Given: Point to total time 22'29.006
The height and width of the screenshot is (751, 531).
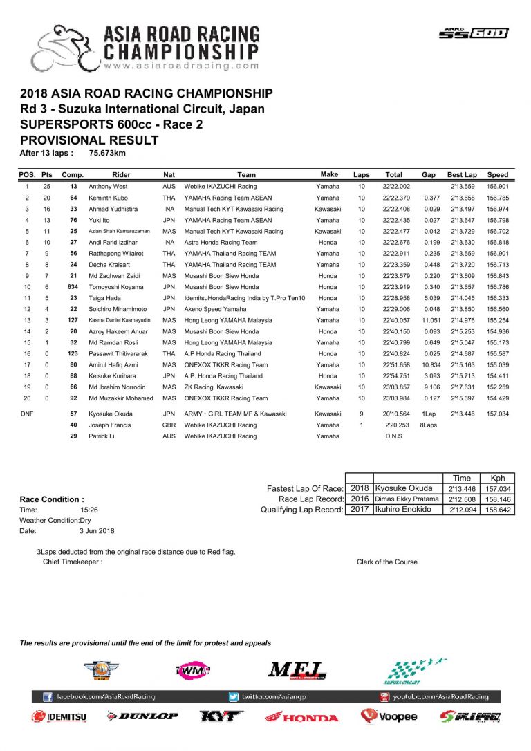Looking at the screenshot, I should pyautogui.click(x=397, y=309).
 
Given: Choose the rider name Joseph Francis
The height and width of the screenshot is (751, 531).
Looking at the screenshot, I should pyautogui.click(x=110, y=425).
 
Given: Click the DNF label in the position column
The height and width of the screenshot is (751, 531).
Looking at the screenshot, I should pyautogui.click(x=27, y=414).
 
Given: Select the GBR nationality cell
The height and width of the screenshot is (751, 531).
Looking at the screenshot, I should pyautogui.click(x=169, y=425).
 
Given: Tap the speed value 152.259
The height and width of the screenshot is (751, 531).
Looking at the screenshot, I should pyautogui.click(x=497, y=387).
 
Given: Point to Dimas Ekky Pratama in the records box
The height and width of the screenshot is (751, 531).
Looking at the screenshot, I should pyautogui.click(x=407, y=499).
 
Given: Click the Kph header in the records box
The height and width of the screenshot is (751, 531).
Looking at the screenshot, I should pyautogui.click(x=497, y=478).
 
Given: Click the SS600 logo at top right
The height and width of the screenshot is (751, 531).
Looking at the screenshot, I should pyautogui.click(x=473, y=33).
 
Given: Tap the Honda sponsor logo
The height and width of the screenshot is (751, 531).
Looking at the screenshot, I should pyautogui.click(x=302, y=717).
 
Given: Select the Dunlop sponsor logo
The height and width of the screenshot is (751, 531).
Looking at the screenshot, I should pyautogui.click(x=142, y=716).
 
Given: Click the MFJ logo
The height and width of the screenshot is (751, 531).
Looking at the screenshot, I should pyautogui.click(x=297, y=670).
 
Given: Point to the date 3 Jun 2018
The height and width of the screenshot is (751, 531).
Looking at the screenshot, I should pyautogui.click(x=93, y=531).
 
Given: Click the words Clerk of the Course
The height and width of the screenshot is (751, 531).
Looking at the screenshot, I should pyautogui.click(x=386, y=562).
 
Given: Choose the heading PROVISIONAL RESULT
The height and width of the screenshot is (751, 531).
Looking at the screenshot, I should pyautogui.click(x=90, y=140).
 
